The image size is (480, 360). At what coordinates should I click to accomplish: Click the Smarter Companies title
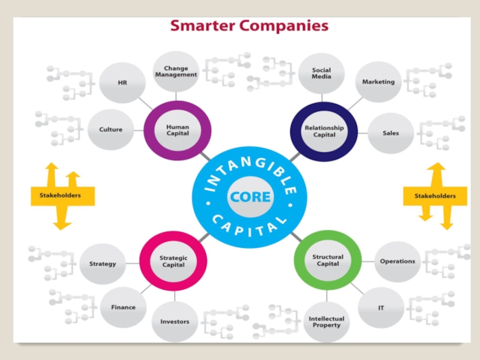(x=249, y=26)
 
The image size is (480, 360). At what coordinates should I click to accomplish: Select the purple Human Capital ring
(x=178, y=130)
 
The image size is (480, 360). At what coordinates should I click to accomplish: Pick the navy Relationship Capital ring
(x=324, y=131)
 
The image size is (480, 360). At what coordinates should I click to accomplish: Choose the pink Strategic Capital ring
(x=173, y=261)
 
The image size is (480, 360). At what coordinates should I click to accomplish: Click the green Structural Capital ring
(x=328, y=260)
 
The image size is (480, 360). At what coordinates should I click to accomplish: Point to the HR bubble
(x=122, y=83)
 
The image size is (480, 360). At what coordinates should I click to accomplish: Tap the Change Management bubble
(x=176, y=72)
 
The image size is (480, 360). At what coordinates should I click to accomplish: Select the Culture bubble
(x=110, y=130)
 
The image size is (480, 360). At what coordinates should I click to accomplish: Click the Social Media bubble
(x=321, y=73)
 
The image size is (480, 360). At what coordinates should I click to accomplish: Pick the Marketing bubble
(x=378, y=82)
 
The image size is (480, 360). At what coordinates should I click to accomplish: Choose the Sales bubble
(x=390, y=133)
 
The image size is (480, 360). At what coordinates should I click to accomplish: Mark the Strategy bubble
(x=103, y=263)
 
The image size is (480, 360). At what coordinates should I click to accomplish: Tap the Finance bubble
(x=123, y=307)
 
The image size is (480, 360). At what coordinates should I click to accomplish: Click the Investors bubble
(x=175, y=322)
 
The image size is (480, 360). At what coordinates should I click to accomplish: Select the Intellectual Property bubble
(x=326, y=322)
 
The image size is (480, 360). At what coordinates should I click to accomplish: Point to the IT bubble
(x=381, y=308)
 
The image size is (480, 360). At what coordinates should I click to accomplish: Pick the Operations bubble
(x=397, y=261)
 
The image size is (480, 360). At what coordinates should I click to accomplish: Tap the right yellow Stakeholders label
(x=435, y=196)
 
